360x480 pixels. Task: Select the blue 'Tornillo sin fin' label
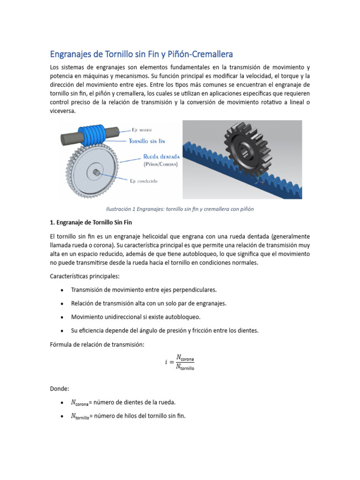click(147, 140)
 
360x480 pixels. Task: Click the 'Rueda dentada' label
click(157, 157)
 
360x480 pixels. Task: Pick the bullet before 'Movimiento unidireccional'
click(62, 317)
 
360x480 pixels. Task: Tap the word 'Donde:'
click(59, 389)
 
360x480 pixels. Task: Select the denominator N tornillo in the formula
click(185, 367)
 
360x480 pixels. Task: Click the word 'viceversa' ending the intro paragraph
click(62, 112)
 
